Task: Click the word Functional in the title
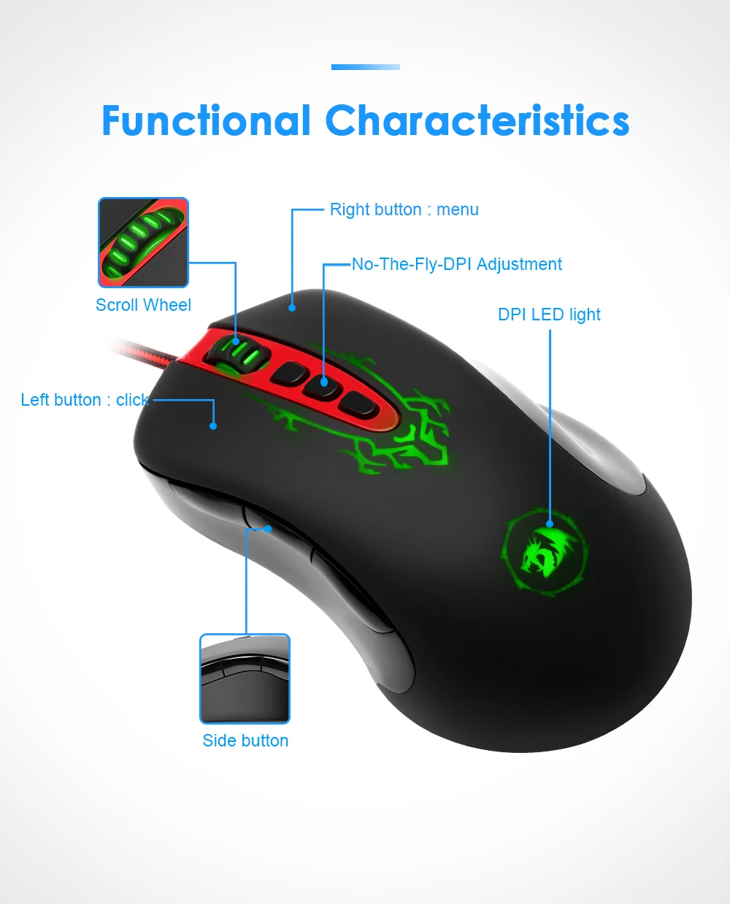pos(206,121)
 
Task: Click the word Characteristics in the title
pos(477,121)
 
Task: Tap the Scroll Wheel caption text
pos(143,305)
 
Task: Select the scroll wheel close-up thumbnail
pos(144,242)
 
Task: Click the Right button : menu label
pos(404,210)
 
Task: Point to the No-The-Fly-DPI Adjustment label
pos(456,264)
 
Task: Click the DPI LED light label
pos(549,314)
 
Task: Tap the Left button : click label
pos(84,400)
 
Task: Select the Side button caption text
pos(245,741)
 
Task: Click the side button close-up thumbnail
pos(245,679)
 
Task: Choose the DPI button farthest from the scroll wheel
pos(360,403)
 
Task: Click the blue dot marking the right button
pos(292,308)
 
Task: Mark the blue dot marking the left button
pos(213,426)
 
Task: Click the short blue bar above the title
pos(365,67)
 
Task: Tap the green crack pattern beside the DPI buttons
pos(416,430)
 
